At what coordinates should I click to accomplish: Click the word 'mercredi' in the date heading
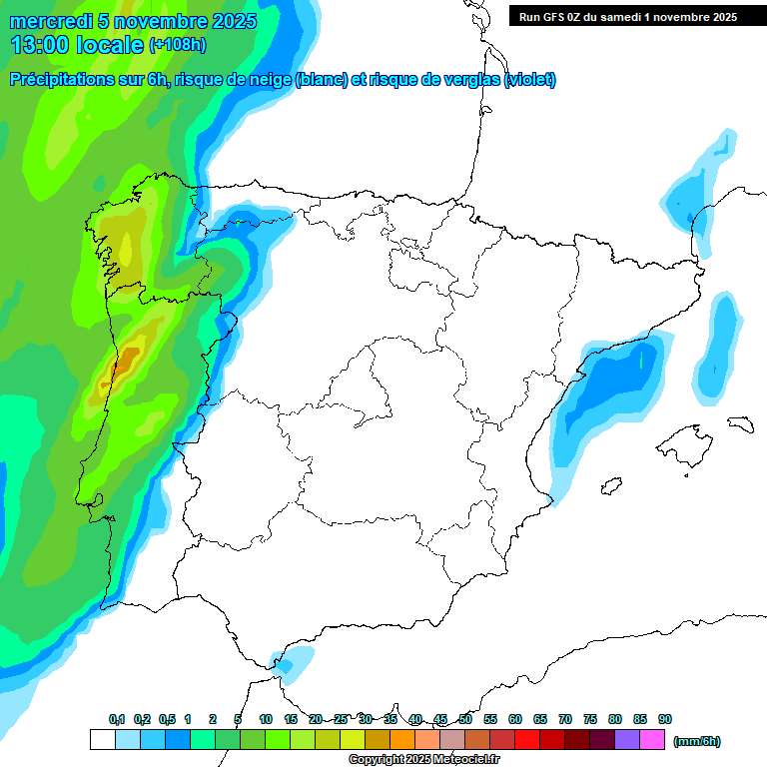click(x=48, y=21)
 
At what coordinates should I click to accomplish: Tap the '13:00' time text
click(x=40, y=45)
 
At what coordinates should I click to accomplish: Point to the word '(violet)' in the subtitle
click(x=530, y=80)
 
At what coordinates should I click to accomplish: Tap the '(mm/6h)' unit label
click(x=696, y=741)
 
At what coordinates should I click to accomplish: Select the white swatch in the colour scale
click(x=102, y=740)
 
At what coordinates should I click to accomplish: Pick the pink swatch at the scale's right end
click(x=652, y=740)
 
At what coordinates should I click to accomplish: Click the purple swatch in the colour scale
click(x=627, y=740)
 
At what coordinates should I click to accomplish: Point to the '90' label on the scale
click(x=665, y=719)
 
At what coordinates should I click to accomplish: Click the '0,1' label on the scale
click(x=117, y=719)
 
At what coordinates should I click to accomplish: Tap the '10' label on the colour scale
click(x=266, y=719)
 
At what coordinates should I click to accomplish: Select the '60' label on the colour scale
click(x=515, y=719)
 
